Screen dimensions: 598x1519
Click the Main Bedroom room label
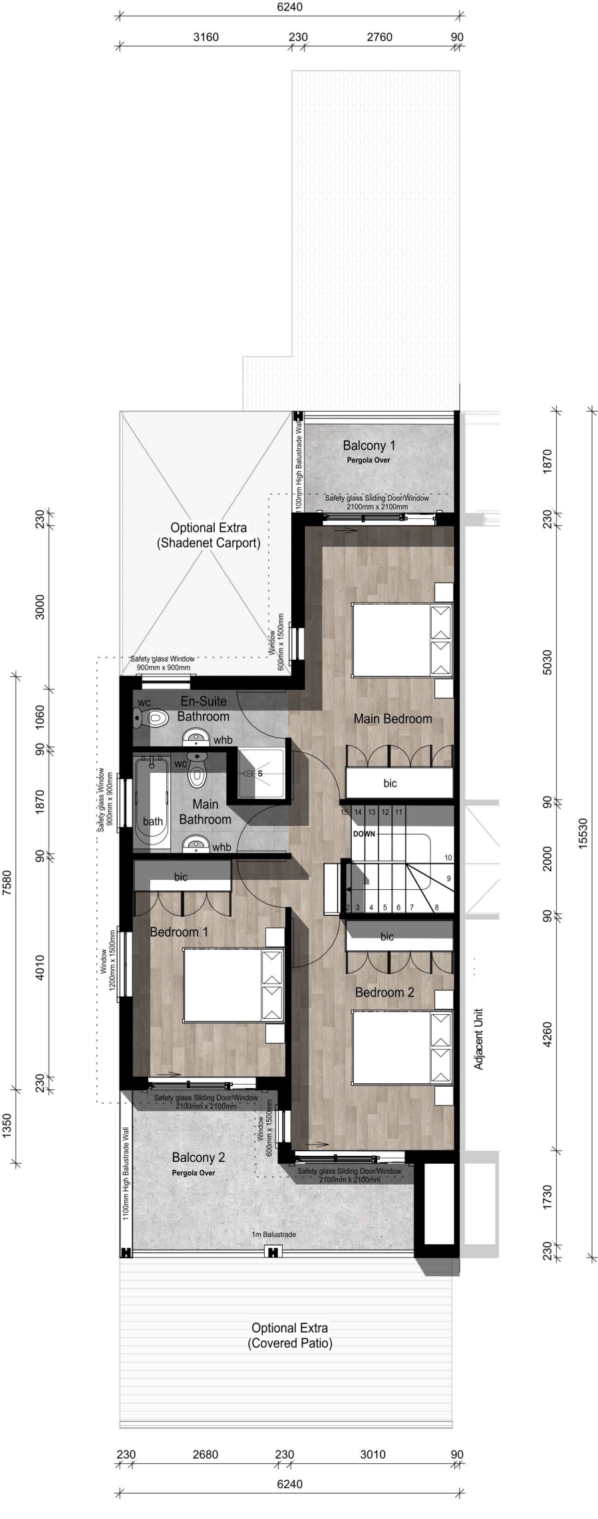click(392, 718)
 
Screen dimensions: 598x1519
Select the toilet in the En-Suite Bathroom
click(151, 718)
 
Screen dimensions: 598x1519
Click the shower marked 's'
click(264, 773)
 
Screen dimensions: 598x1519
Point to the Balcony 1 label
click(369, 446)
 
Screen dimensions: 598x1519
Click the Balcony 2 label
click(198, 1157)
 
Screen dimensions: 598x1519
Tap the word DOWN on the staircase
click(364, 833)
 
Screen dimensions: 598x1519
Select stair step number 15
click(345, 812)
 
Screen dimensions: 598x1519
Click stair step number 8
click(436, 907)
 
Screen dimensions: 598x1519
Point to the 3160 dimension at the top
click(206, 37)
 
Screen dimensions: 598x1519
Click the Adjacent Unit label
click(478, 1039)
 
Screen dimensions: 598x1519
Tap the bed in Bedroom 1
click(234, 986)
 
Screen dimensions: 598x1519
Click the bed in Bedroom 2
click(402, 1047)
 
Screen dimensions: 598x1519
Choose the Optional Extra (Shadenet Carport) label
click(208, 535)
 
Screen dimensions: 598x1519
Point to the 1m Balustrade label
click(273, 1234)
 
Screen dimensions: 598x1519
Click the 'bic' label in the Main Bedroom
click(390, 783)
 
